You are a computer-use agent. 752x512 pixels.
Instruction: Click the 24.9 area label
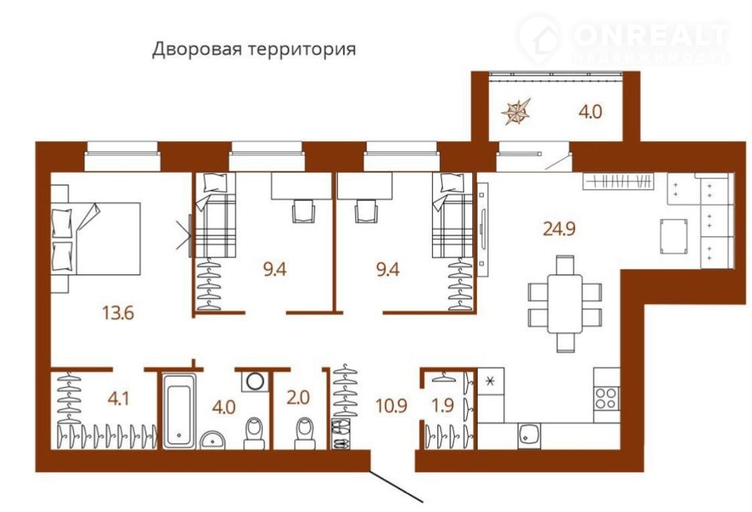[559, 228]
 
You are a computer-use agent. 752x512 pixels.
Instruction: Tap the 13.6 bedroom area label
[118, 313]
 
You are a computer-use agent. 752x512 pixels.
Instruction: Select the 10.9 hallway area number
[391, 406]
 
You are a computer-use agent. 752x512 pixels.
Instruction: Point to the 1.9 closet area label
[443, 406]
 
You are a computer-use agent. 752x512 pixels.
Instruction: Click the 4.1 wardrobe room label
[118, 398]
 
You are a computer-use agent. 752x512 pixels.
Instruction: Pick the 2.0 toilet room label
[298, 398]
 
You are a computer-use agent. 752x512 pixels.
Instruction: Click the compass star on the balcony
[516, 111]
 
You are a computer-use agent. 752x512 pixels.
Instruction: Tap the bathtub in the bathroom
[179, 411]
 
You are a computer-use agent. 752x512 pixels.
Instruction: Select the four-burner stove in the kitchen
[605, 398]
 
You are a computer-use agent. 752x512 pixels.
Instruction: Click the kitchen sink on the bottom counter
[529, 435]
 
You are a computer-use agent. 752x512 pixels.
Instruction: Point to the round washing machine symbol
[255, 381]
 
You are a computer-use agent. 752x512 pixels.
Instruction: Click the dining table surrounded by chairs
[565, 303]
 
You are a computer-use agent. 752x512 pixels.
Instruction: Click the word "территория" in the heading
[304, 50]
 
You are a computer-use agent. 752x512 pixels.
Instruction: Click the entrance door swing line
[396, 486]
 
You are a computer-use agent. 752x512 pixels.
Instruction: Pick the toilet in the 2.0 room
[305, 433]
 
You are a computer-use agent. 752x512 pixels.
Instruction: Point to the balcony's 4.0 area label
[590, 112]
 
